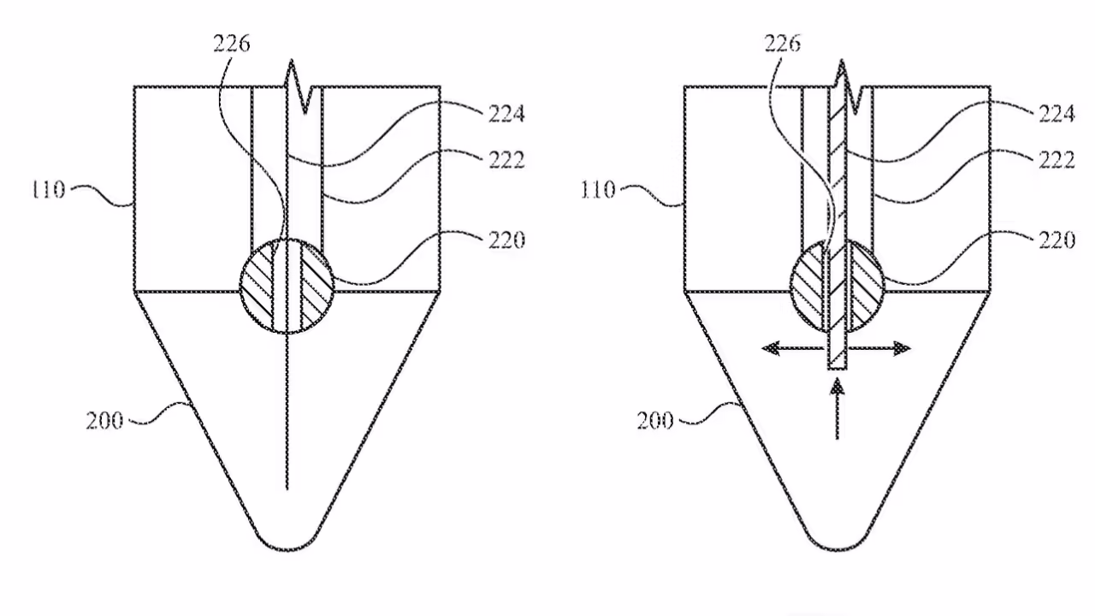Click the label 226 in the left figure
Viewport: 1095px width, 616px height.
(232, 44)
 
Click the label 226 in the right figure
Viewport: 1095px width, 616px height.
(783, 44)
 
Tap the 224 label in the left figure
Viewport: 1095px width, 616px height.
(506, 114)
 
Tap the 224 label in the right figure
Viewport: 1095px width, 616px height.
(1057, 114)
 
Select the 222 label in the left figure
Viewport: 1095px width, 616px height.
(507, 160)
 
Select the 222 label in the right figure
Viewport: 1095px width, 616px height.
(1057, 160)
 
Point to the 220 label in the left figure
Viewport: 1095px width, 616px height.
(507, 240)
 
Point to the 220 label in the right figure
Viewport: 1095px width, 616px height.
(1057, 240)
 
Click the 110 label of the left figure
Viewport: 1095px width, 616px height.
(48, 190)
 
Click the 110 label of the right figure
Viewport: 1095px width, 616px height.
(598, 190)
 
